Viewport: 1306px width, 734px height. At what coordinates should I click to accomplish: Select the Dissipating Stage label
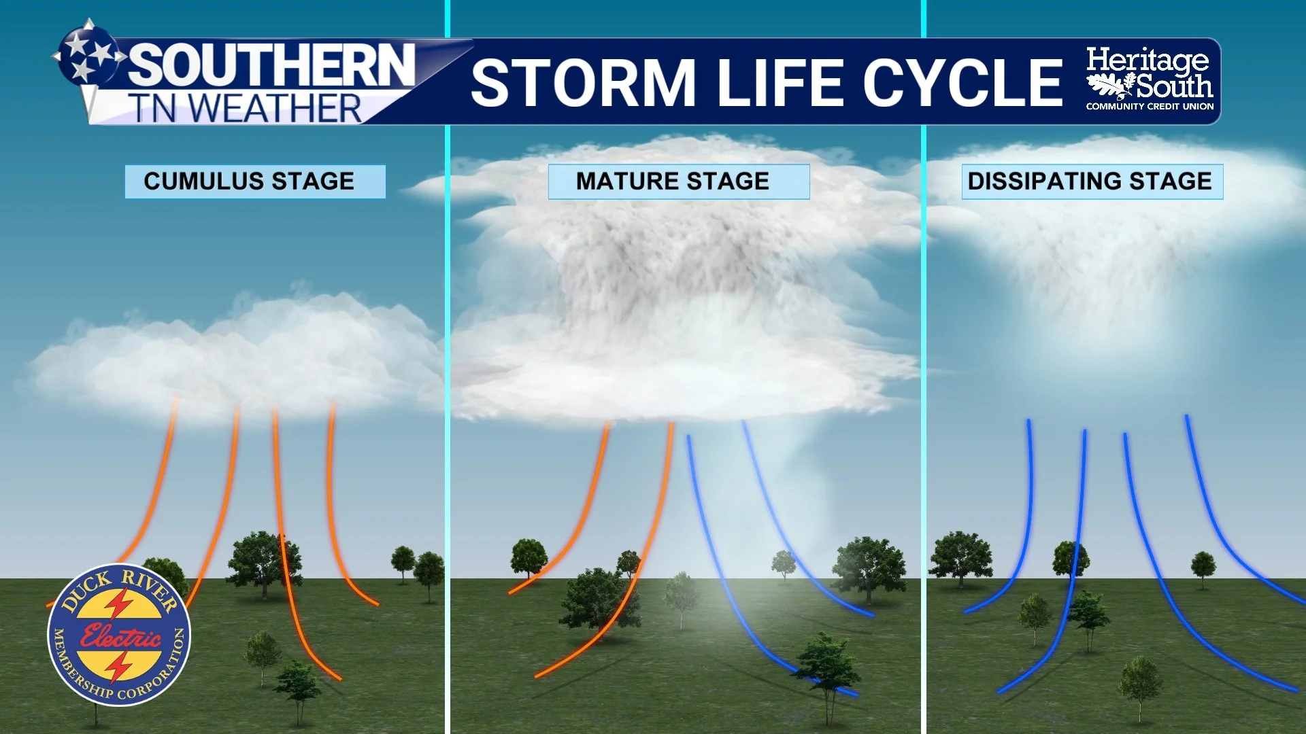(x=1092, y=181)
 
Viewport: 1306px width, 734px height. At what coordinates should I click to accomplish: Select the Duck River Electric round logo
(x=119, y=635)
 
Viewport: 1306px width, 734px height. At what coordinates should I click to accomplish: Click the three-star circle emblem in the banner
(x=87, y=53)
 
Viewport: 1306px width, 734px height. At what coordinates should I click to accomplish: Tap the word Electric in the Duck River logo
(x=120, y=636)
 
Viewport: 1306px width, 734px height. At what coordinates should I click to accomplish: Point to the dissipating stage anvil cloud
(x=1116, y=224)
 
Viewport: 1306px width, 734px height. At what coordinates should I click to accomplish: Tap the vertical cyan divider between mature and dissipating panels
(x=924, y=408)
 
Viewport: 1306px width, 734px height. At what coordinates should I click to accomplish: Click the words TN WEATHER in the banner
(x=245, y=109)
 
